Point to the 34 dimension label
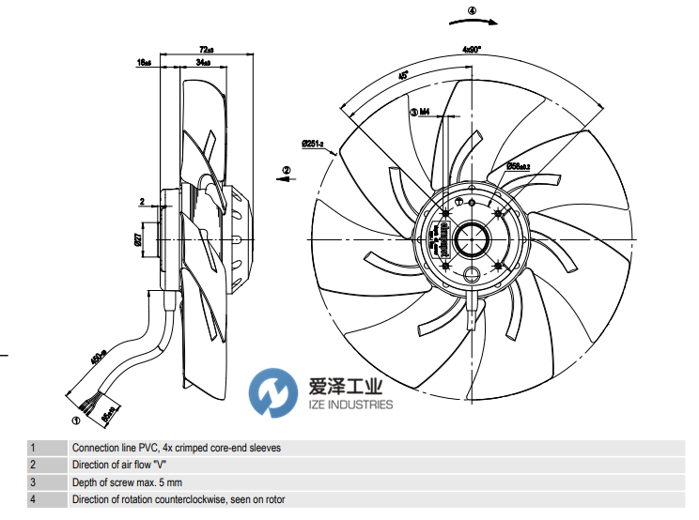coord(202,62)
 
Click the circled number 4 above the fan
coord(472,11)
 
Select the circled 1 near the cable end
coord(75,420)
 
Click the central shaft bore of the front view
coord(471,238)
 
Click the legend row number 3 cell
coord(33,482)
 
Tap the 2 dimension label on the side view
coord(141,201)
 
